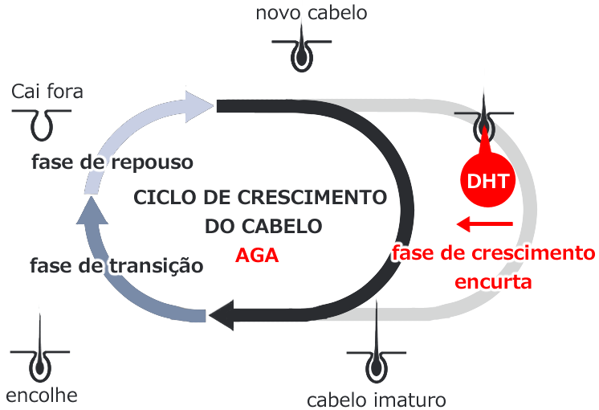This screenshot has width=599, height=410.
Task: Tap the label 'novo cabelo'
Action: (x=299, y=13)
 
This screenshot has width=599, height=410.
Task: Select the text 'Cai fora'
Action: (x=47, y=92)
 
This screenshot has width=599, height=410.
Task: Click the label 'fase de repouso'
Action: (x=112, y=162)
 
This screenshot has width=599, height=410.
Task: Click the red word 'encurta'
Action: (x=493, y=282)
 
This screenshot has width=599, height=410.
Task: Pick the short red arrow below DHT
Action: (x=483, y=223)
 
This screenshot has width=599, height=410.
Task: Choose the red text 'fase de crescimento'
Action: (x=493, y=254)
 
